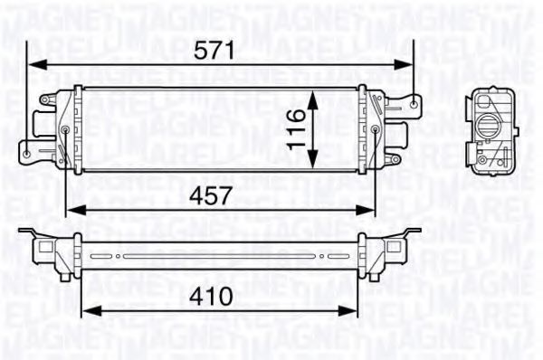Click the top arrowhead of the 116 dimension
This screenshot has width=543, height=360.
[x=312, y=93]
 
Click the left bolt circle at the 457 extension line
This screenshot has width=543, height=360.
[x=71, y=130]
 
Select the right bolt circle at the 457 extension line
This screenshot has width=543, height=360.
[x=376, y=130]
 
